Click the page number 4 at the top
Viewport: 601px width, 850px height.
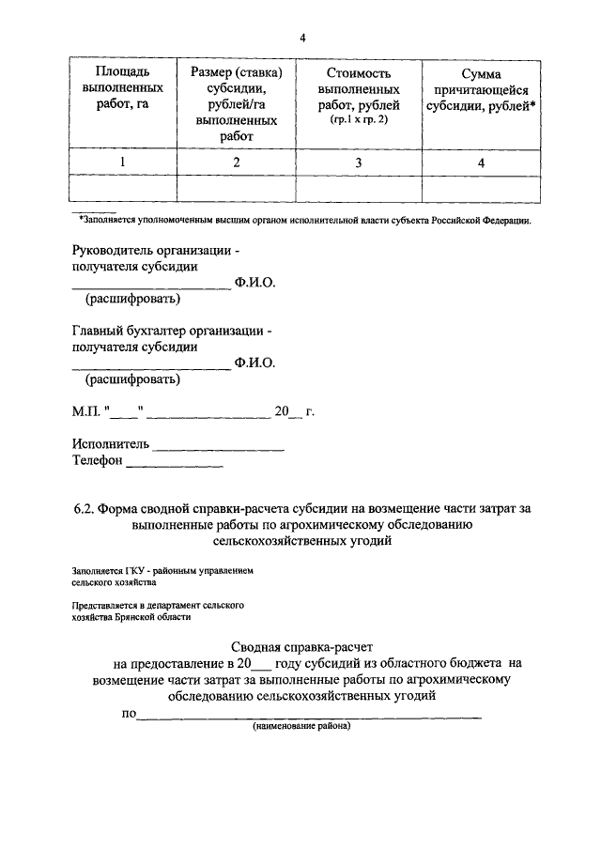coord(302,38)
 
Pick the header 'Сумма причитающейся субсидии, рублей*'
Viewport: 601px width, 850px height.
coord(481,89)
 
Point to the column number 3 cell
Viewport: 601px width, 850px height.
coord(359,162)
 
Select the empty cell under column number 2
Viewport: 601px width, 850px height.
coord(237,189)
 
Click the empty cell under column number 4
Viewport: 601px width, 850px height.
coord(481,189)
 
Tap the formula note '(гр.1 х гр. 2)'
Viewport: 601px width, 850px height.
coord(359,121)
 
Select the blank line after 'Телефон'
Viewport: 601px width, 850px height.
coord(175,463)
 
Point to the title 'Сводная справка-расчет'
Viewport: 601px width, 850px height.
coord(301,647)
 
